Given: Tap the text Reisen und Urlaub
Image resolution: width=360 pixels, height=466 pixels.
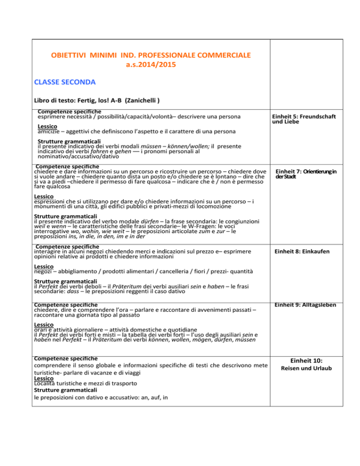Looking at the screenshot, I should tap(313, 368).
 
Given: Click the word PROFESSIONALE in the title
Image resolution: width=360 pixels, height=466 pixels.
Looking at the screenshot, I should tap(149, 56).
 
